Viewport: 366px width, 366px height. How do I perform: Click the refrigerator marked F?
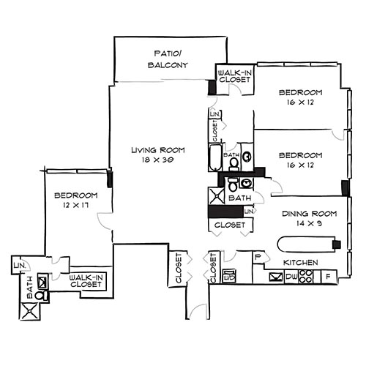point(327,277)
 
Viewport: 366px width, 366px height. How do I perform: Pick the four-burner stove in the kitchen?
point(308,277)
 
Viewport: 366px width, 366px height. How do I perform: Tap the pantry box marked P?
point(258,257)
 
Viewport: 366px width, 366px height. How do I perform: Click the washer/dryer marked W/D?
point(228,277)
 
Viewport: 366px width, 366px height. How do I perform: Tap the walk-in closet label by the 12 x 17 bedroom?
point(86,280)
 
